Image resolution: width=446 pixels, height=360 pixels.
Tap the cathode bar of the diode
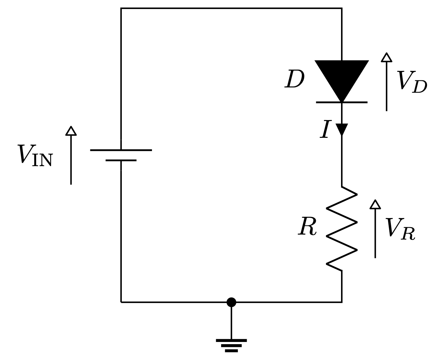tap(342, 102)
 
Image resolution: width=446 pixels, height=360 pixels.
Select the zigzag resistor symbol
tap(342, 229)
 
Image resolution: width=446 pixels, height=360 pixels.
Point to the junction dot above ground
tap(231, 302)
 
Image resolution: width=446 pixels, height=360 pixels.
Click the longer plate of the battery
tap(121, 150)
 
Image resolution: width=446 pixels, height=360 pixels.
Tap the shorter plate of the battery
tap(121, 161)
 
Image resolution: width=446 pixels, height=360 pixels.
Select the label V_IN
tap(35, 155)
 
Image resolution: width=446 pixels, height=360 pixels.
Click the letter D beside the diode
tap(294, 80)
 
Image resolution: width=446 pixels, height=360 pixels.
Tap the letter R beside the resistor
tap(307, 227)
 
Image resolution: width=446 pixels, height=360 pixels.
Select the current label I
tap(325, 129)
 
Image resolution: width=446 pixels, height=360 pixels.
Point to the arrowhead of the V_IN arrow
tap(71, 131)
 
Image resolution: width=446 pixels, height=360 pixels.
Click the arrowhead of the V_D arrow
tap(387, 57)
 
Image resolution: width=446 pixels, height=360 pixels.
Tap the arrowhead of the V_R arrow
tap(375, 204)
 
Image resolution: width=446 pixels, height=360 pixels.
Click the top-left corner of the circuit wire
tap(121, 8)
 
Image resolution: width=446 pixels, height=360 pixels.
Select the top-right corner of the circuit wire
tap(342, 8)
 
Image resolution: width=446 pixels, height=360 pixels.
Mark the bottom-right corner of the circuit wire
tap(342, 302)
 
